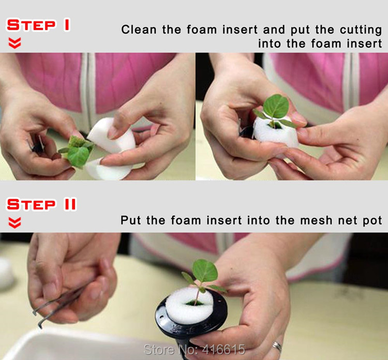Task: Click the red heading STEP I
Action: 38,25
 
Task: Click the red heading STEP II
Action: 41,204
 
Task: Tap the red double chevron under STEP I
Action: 14,43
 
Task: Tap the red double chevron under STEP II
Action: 14,223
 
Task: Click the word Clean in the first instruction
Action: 139,29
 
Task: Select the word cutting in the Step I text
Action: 361,30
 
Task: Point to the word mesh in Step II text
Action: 316,220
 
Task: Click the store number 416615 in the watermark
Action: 223,350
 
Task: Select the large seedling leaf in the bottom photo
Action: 205,271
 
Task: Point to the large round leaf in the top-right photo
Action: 276,107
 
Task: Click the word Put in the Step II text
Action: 131,220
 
